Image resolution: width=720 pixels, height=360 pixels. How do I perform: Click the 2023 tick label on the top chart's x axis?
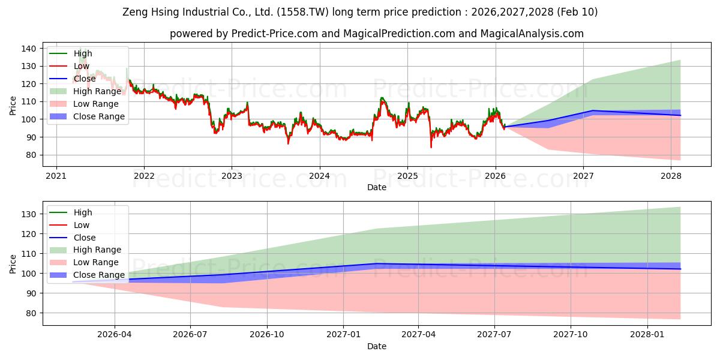tap(232, 176)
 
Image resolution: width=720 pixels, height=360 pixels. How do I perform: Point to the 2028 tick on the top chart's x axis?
tap(671, 176)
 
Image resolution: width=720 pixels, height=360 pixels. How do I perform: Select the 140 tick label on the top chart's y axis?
tap(28, 49)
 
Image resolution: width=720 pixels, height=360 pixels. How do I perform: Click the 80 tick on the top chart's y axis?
tap(31, 155)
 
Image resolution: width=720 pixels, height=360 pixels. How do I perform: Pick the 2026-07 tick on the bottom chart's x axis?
tap(190, 334)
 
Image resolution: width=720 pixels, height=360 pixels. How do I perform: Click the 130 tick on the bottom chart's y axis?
tap(28, 214)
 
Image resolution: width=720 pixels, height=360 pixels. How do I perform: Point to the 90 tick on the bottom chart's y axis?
tap(31, 293)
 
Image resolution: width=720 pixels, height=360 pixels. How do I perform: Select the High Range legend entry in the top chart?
tap(96, 91)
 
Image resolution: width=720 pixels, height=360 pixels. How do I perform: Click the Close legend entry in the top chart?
tap(84, 79)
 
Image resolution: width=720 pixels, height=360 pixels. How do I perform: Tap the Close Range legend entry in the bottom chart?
tap(99, 275)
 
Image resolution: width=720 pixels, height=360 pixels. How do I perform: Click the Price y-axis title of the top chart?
tap(13, 106)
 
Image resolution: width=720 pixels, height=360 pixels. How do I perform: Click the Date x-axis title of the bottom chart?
tap(376, 346)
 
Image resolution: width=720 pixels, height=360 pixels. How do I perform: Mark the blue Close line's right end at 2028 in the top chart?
tap(680, 115)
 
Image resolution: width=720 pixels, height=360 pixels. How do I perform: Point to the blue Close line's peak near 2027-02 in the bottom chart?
tap(376, 263)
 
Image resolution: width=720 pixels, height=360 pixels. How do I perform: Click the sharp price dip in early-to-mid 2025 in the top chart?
tap(431, 146)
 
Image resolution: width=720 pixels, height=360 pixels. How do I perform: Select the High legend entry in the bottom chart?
tap(83, 212)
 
